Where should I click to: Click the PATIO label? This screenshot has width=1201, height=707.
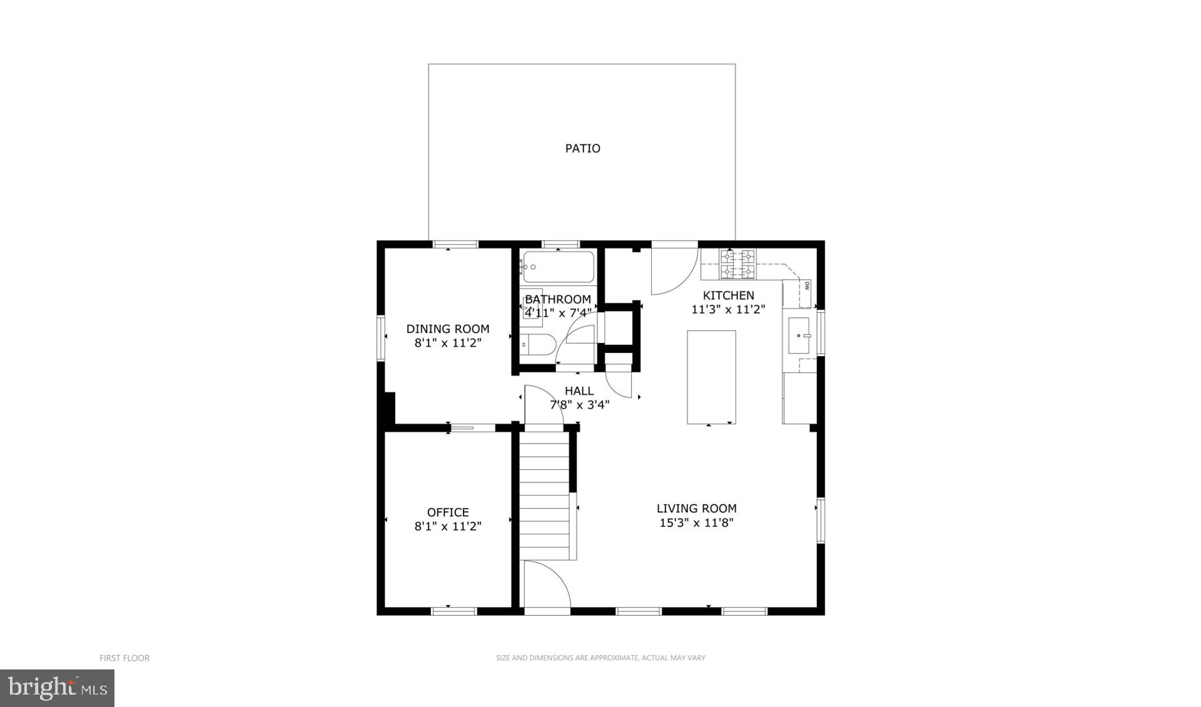pos(582,148)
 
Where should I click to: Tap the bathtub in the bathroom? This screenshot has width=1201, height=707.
pos(558,267)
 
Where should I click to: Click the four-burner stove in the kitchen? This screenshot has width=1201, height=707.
pos(737,264)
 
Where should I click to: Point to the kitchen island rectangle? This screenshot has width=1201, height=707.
pos(711,377)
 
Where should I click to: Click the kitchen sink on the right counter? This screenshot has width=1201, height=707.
pos(799,335)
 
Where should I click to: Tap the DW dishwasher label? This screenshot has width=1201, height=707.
pos(806,286)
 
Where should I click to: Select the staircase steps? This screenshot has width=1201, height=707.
pos(545,494)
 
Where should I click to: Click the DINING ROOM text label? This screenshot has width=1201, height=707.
pos(448,329)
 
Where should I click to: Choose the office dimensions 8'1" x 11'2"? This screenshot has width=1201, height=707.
pos(448,527)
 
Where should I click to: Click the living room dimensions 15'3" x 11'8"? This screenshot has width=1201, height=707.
pos(696,522)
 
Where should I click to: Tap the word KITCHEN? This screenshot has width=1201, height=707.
pos(728,295)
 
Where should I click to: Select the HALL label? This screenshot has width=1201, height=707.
pos(579,391)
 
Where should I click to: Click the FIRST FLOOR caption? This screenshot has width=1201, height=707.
pos(124,658)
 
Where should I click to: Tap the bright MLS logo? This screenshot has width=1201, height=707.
pos(57,688)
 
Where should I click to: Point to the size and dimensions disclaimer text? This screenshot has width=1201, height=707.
pos(600,658)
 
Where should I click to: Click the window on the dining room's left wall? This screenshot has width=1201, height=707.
pos(380,338)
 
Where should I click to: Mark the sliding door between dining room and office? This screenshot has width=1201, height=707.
pos(464,429)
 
